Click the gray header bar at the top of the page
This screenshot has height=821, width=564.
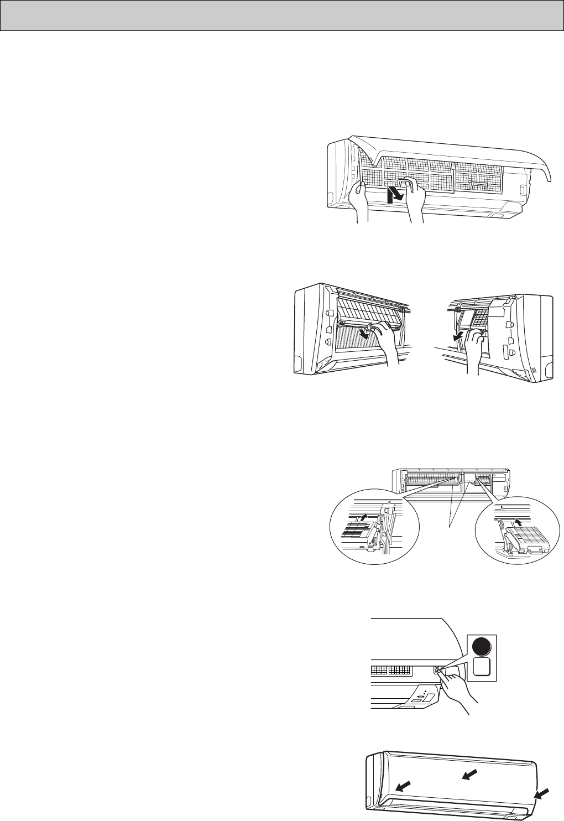pos(282,15)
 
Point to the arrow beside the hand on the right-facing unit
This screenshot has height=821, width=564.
pos(457,336)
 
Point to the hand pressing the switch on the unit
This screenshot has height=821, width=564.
pos(456,687)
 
